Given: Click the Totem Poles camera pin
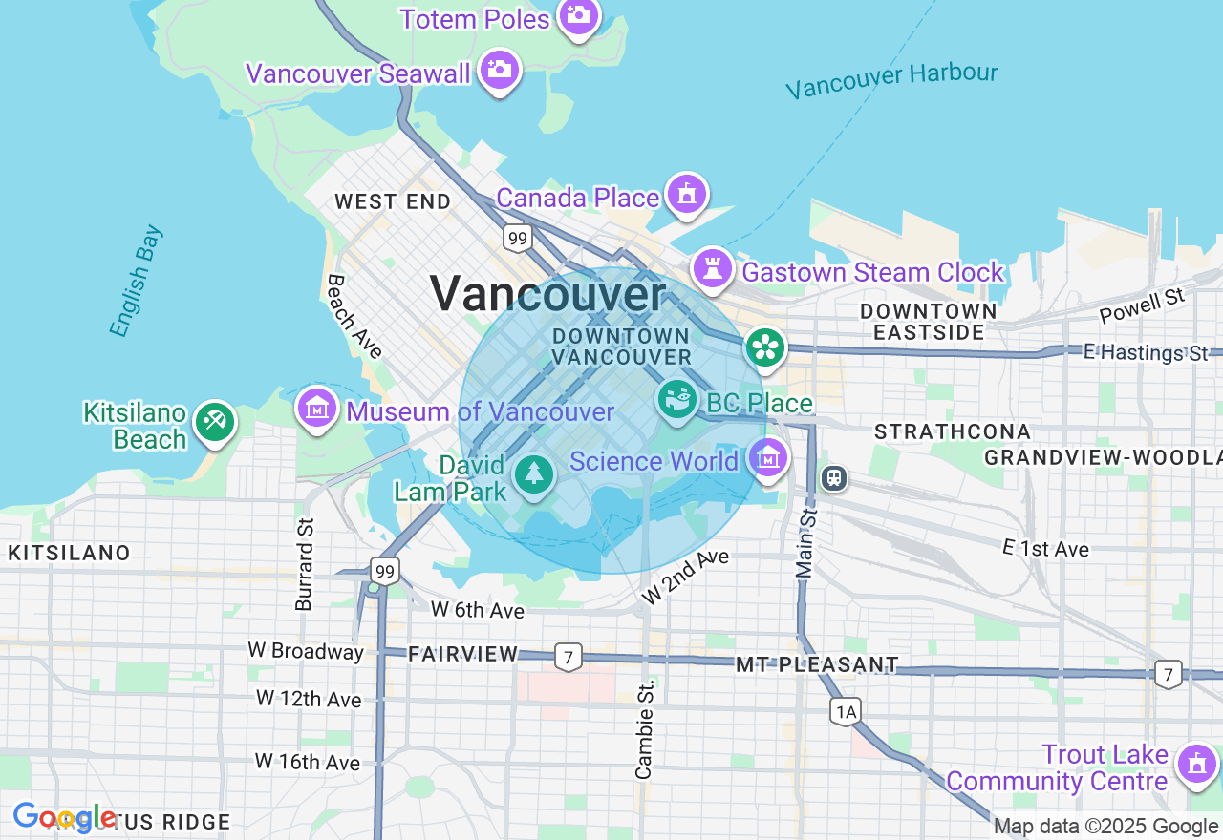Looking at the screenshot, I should (578, 15).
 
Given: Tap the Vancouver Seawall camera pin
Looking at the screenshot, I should (499, 70).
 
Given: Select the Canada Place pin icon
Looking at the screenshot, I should (686, 194).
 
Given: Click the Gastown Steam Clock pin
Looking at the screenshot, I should (712, 268).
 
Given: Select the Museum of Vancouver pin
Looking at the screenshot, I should (316, 409).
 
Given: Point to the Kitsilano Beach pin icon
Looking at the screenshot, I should (214, 422).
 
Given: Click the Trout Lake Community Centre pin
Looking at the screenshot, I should (1196, 764).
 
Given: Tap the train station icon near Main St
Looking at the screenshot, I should (834, 477).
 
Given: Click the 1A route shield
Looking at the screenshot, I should (846, 711).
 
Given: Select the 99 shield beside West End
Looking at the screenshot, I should (517, 238).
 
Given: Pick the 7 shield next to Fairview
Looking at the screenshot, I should (568, 657).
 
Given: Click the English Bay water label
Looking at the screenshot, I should (137, 281).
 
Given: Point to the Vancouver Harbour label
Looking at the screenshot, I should (891, 80).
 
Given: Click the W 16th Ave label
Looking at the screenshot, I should (308, 762).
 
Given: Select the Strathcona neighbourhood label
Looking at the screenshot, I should (953, 431).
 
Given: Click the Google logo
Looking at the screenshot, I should (65, 818).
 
